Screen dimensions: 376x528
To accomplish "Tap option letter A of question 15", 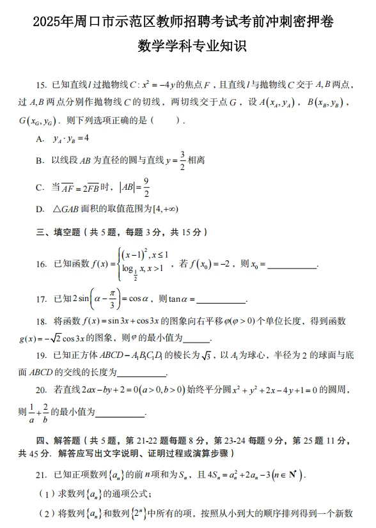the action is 40,138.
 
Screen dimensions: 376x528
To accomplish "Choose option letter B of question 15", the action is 40,160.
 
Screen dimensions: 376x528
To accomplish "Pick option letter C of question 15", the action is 40,188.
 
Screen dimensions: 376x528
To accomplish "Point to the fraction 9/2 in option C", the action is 146,187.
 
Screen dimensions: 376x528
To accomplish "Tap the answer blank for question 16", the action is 291,267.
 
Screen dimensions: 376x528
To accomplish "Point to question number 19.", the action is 42,355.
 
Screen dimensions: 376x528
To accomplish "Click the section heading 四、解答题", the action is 61,440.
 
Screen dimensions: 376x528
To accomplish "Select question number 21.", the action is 42,476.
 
